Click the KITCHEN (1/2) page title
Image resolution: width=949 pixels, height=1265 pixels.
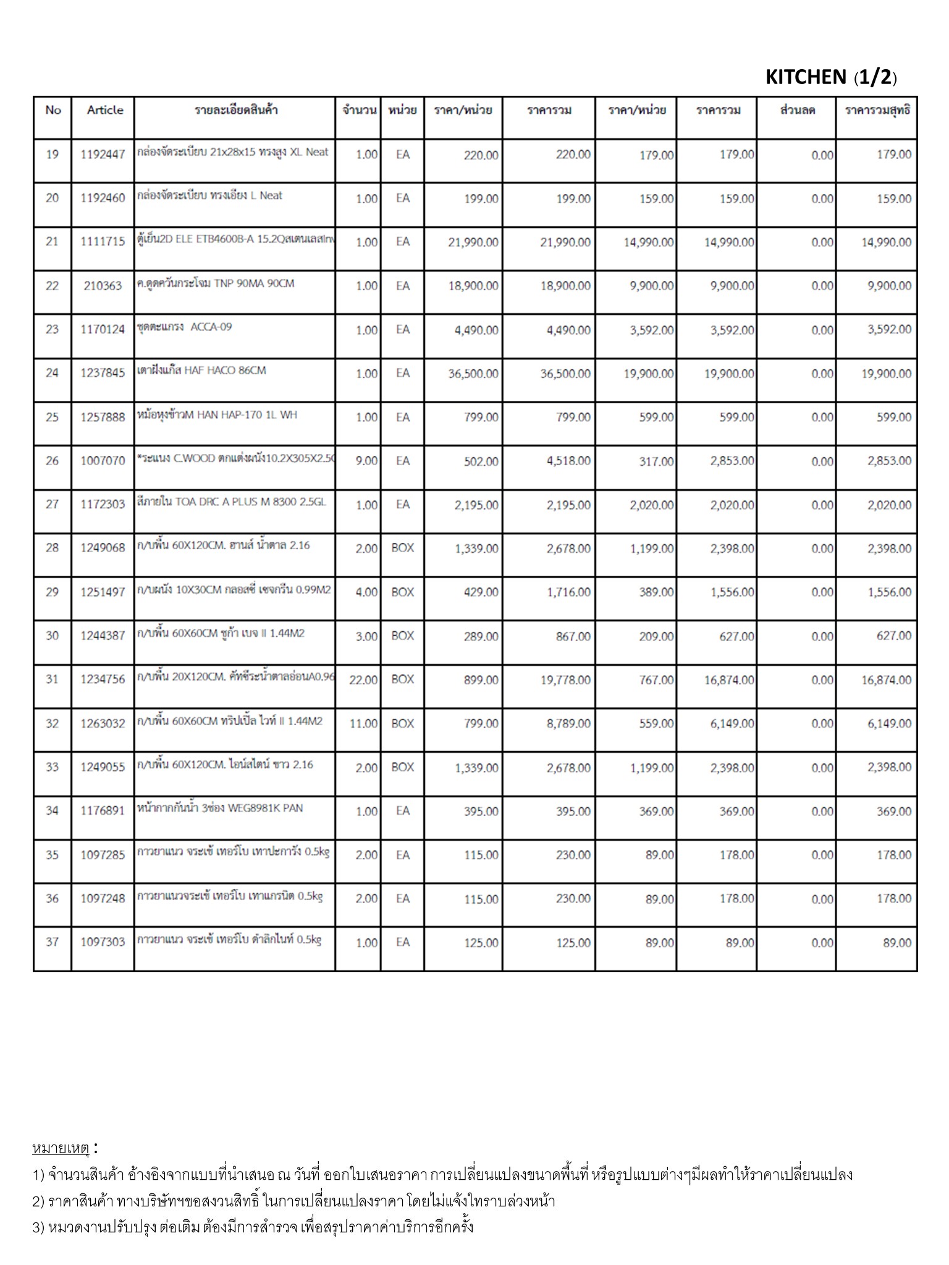(830, 77)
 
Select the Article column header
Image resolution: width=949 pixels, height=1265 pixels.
(105, 110)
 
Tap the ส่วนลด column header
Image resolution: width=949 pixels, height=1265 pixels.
(798, 111)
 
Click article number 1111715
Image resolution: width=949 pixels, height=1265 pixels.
(103, 242)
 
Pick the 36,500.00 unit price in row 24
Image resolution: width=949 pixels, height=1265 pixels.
(473, 374)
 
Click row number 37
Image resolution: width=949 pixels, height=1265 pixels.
(53, 942)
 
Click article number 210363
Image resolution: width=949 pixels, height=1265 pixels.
(103, 285)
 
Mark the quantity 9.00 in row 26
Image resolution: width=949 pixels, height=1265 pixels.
(366, 461)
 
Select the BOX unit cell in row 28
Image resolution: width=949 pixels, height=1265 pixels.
(402, 548)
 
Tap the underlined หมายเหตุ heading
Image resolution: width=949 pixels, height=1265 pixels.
(61, 1148)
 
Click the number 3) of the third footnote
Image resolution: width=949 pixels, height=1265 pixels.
(38, 1227)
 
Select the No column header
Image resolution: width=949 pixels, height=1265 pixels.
(53, 110)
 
